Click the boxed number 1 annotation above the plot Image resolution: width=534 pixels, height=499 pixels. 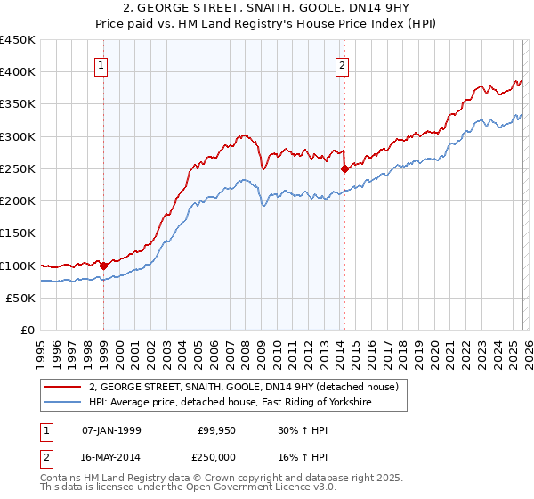(x=101, y=65)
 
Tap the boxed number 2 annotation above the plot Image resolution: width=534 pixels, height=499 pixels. (x=343, y=65)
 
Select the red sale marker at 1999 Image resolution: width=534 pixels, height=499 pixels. (x=103, y=265)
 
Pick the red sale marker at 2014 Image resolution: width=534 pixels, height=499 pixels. (x=344, y=168)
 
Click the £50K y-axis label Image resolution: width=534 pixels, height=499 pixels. (x=21, y=299)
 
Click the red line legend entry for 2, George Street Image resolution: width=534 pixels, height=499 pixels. (x=248, y=387)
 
